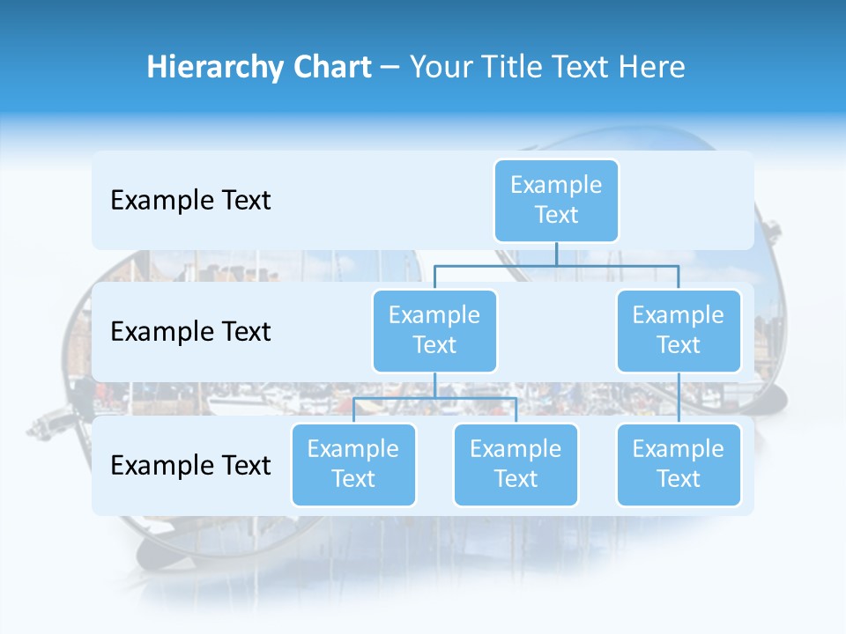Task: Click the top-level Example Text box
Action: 556,200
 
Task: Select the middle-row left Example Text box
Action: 434,330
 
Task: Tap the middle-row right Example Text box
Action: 679,330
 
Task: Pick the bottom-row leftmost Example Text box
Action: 353,464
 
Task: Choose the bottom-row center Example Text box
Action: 516,464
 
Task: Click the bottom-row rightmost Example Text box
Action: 679,464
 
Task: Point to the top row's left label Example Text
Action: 190,201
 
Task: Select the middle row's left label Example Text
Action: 190,332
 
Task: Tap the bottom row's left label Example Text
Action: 190,465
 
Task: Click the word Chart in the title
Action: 327,67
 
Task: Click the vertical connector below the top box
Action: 556,254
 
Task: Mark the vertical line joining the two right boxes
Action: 679,398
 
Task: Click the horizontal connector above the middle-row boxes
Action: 556,265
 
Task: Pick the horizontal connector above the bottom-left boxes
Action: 434,398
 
